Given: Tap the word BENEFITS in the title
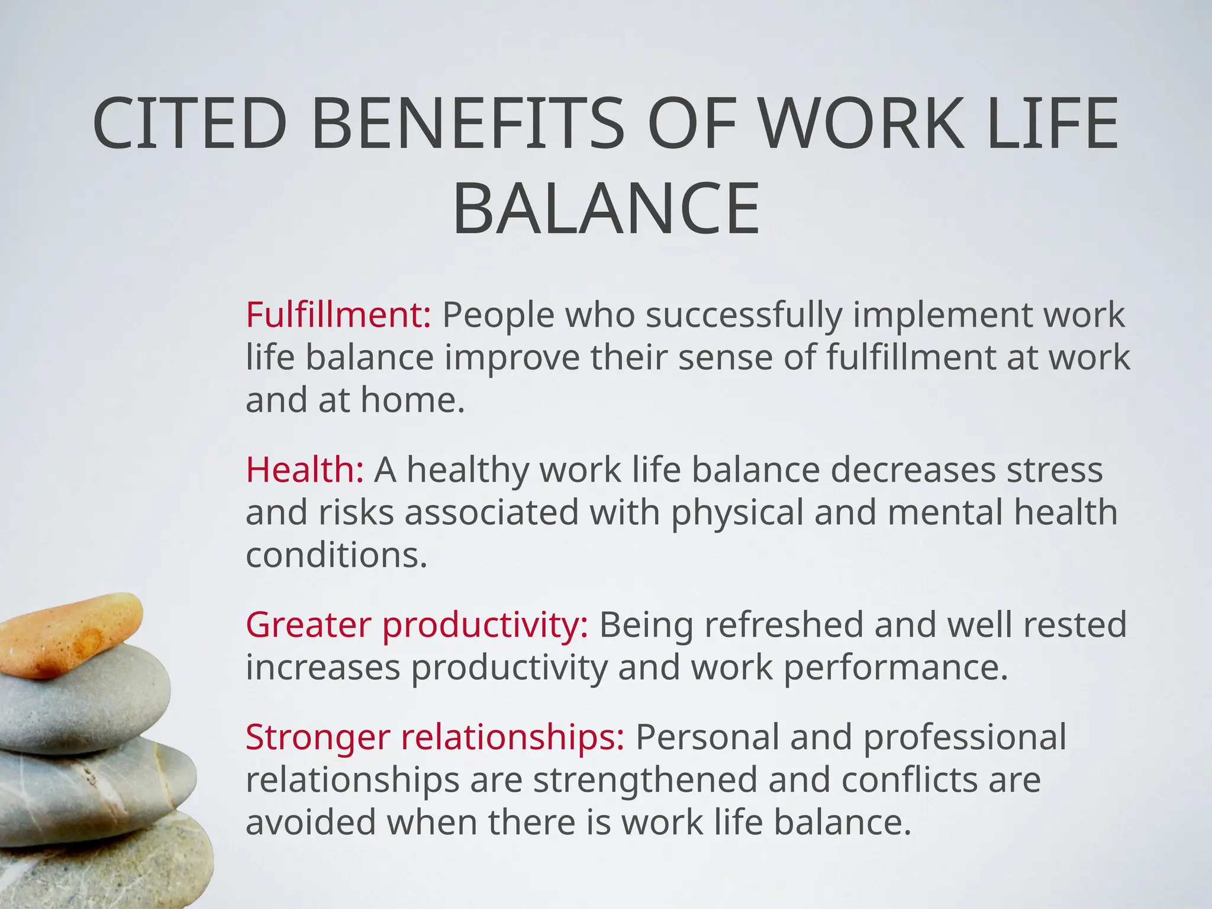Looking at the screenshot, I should pyautogui.click(x=468, y=124).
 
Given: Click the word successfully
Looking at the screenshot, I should pyautogui.click(x=744, y=315).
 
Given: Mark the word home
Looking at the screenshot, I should pyautogui.click(x=412, y=400).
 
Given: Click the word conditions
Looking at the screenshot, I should pyautogui.click(x=336, y=555).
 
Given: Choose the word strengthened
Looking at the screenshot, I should pyautogui.click(x=645, y=779).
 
